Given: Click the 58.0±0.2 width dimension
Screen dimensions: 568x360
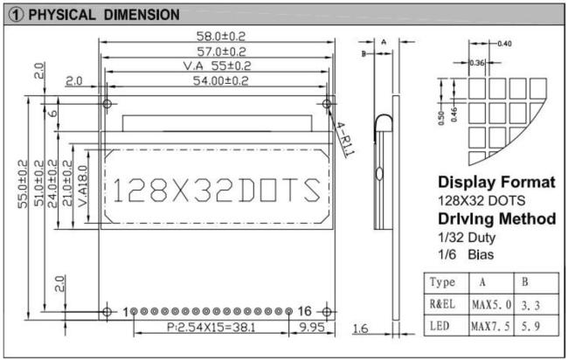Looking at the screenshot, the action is [x=220, y=36].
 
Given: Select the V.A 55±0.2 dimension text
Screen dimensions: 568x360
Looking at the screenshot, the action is [x=217, y=66].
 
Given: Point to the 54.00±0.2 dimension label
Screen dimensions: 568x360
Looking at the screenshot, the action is [x=220, y=80].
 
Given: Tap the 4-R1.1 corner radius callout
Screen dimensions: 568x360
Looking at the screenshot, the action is [x=345, y=140].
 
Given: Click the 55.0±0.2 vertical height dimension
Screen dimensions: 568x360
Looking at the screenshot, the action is [x=24, y=184].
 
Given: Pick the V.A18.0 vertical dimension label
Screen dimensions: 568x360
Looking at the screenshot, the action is [x=83, y=186].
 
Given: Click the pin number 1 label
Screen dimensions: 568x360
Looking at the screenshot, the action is [x=126, y=312].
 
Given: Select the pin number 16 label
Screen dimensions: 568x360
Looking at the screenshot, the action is [x=304, y=311].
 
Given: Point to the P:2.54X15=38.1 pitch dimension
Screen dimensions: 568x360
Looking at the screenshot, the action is [x=211, y=328].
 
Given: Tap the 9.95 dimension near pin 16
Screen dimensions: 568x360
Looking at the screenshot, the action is [x=312, y=328].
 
